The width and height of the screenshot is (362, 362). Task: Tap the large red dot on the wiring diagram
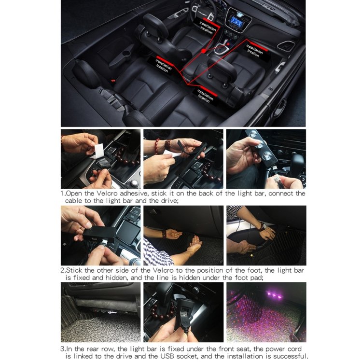tap(203, 51)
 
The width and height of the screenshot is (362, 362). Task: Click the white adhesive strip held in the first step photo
tap(98, 151)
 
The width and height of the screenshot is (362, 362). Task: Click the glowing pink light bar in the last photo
tap(275, 295)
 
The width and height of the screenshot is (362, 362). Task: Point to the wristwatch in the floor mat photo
tap(262, 226)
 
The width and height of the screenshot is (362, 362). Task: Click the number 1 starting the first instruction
tap(62, 193)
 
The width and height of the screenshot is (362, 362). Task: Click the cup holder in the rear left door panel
tap(126, 54)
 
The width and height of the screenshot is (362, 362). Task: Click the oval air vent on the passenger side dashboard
tap(286, 45)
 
